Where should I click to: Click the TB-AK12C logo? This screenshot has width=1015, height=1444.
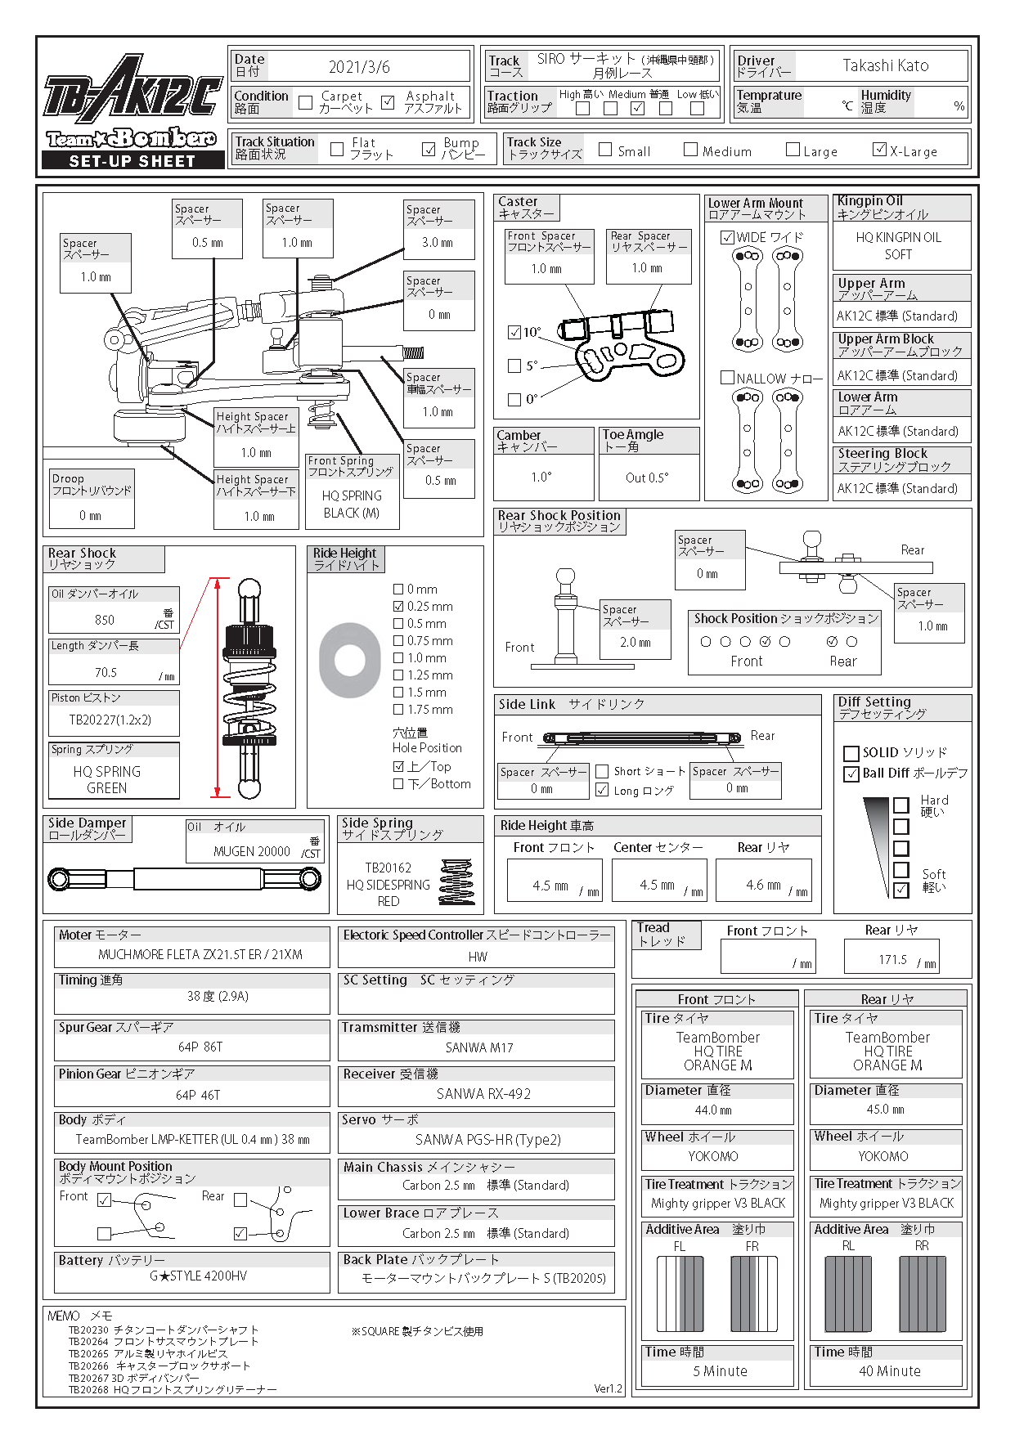(x=132, y=89)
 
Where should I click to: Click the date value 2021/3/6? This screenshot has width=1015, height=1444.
(x=359, y=67)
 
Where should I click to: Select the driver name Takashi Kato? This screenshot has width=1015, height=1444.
(x=885, y=65)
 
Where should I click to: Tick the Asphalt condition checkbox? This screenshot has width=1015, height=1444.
(x=388, y=102)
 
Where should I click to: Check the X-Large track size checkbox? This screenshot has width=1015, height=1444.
(x=879, y=149)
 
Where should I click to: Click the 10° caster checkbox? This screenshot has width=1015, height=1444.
(x=514, y=332)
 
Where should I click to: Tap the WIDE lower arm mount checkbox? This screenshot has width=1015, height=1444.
(x=727, y=237)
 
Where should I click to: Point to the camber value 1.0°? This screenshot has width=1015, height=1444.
(x=541, y=478)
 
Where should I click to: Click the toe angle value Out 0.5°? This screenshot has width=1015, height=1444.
(x=647, y=478)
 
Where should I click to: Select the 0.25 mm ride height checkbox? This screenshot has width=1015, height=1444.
(x=398, y=607)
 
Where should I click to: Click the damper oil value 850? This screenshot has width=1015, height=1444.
(x=105, y=620)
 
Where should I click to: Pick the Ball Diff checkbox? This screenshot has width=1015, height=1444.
(x=851, y=774)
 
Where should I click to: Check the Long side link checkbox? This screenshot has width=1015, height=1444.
(x=602, y=790)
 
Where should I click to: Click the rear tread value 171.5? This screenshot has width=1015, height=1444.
(x=892, y=960)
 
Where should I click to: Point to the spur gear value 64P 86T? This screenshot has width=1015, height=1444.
(x=200, y=1047)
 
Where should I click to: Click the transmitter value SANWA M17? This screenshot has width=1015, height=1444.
(x=479, y=1047)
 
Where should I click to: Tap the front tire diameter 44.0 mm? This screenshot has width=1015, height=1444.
(x=713, y=1110)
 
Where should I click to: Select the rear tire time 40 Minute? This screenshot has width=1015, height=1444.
(x=889, y=1371)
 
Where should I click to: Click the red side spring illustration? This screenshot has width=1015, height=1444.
(x=456, y=881)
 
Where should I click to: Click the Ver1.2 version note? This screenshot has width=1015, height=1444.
(x=608, y=1388)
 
